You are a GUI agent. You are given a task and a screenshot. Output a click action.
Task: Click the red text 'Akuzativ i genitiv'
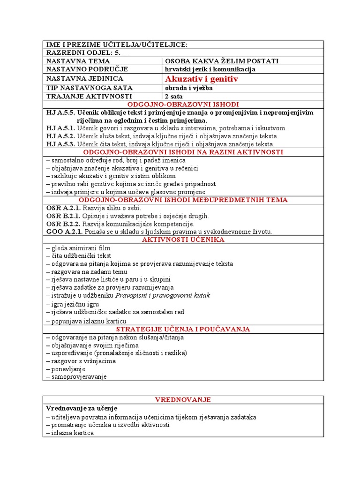202,79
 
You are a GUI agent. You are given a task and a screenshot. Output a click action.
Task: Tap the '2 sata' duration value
173,96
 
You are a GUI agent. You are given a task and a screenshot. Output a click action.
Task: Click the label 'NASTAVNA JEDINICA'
84,79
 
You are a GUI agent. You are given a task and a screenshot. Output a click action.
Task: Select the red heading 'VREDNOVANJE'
183,399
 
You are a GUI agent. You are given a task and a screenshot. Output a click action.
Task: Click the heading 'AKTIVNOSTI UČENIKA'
183,240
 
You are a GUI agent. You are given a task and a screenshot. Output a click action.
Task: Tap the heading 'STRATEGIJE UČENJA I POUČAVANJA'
183,329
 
